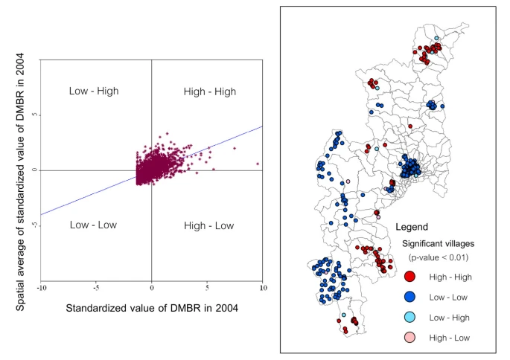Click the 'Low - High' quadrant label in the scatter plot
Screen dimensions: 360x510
tap(93, 91)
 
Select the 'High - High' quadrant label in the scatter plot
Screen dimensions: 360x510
tap(209, 91)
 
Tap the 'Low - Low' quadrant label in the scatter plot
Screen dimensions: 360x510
tap(93, 225)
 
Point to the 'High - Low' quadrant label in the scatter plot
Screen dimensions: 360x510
tap(208, 225)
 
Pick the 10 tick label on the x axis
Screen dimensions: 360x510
tap(261, 288)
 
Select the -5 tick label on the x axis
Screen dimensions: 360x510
tap(96, 288)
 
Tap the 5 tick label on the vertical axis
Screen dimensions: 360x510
tap(34, 115)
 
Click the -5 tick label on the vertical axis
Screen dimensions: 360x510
tap(34, 225)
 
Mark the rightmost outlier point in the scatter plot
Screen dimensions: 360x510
tap(258, 163)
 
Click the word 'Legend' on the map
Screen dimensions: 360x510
tap(411, 227)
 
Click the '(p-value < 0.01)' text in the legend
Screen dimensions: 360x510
tap(438, 257)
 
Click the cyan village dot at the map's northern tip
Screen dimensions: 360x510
tap(437, 38)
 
